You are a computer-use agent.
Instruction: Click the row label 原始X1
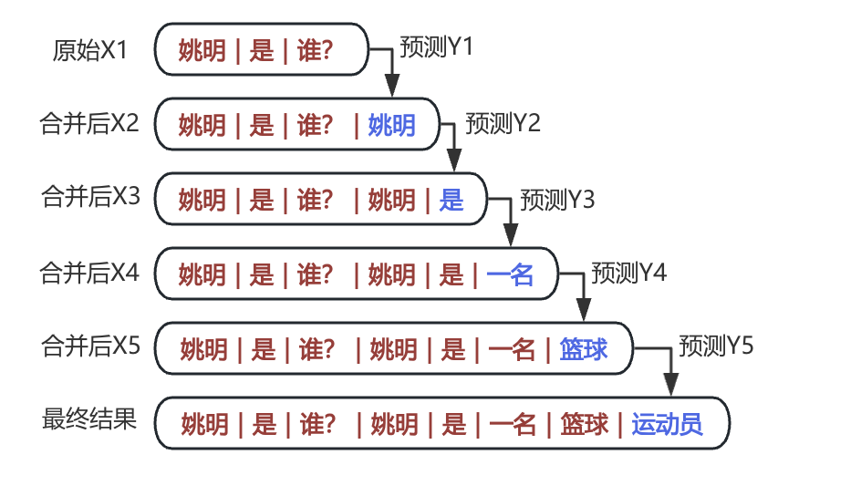(x=89, y=51)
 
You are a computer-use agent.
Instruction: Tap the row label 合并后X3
(x=89, y=196)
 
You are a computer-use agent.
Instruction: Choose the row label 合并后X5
(x=89, y=346)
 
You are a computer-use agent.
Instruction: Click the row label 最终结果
(x=89, y=419)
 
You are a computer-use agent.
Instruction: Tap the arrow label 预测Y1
(x=437, y=47)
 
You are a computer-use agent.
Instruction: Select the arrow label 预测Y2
(x=503, y=123)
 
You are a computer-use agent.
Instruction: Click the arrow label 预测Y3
(x=556, y=200)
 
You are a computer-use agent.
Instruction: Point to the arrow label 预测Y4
(x=629, y=272)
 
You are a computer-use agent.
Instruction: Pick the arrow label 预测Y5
(x=716, y=346)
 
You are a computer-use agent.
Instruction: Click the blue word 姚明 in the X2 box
(x=392, y=125)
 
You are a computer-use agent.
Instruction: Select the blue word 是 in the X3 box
(x=451, y=200)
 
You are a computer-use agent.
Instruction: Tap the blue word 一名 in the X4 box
(x=510, y=274)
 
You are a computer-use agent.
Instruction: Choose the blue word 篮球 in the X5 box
(x=584, y=349)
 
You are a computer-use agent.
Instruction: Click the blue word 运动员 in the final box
(x=667, y=424)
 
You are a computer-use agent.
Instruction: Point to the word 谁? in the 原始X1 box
(x=315, y=51)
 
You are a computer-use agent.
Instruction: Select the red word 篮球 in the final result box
(x=585, y=424)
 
